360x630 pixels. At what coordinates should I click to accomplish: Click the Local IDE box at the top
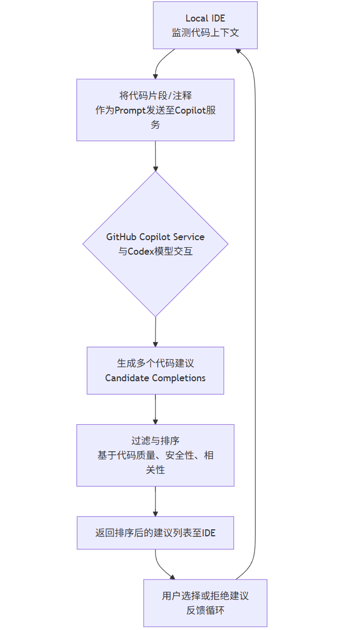coord(205,25)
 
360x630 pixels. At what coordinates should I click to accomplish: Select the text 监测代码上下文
coord(205,33)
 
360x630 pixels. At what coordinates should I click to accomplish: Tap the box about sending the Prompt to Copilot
coord(155,110)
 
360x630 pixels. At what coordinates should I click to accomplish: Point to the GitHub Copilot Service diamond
coord(156,244)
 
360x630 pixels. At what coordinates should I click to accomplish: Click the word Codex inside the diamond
coord(140,251)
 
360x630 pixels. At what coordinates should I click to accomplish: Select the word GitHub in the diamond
coord(122,237)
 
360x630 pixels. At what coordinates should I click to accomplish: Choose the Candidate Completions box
coord(155,370)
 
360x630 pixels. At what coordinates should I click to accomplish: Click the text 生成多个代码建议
coord(155,363)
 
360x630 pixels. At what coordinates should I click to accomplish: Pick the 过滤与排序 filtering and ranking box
coord(155,455)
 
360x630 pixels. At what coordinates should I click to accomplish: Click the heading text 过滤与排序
coord(155,441)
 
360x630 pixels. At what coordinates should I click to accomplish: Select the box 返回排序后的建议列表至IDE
coord(155,533)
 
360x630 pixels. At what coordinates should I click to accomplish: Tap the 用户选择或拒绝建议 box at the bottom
coord(205,603)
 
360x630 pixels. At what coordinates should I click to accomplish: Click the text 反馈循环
coord(205,611)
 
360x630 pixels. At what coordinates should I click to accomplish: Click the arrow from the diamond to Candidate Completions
coord(156,332)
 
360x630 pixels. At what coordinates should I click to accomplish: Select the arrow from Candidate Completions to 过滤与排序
coord(156,409)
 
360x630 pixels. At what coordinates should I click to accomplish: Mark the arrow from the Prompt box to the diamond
coord(156,156)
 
